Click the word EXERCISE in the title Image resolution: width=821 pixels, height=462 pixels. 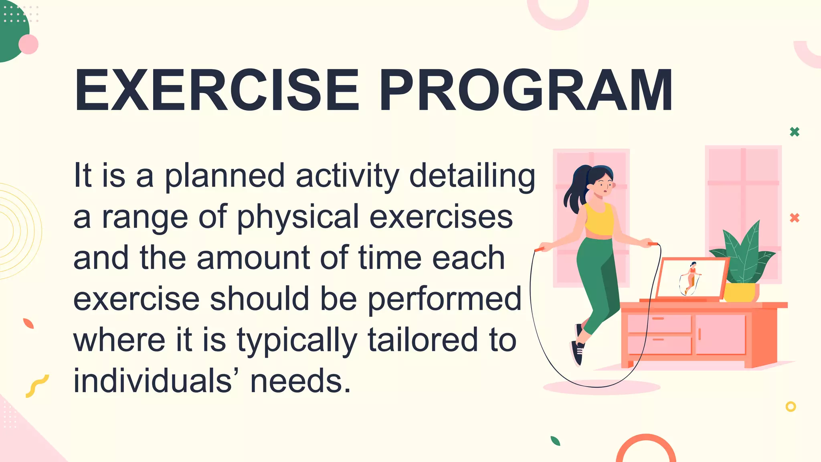coord(216,90)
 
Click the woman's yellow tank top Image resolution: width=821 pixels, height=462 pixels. coord(599,221)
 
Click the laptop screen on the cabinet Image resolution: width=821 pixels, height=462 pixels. coord(692,278)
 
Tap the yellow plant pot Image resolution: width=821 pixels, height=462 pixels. coord(740,292)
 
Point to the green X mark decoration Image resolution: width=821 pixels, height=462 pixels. coord(795,132)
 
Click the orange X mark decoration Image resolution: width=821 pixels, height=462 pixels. coord(795,218)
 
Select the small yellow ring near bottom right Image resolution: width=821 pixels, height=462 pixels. coord(791,407)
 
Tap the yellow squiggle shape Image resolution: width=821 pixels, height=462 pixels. coord(37,386)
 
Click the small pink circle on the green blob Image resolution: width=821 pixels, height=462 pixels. coord(28,44)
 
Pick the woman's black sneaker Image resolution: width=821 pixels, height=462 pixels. coord(577,352)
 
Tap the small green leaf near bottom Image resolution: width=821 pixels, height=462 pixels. coord(555,441)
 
